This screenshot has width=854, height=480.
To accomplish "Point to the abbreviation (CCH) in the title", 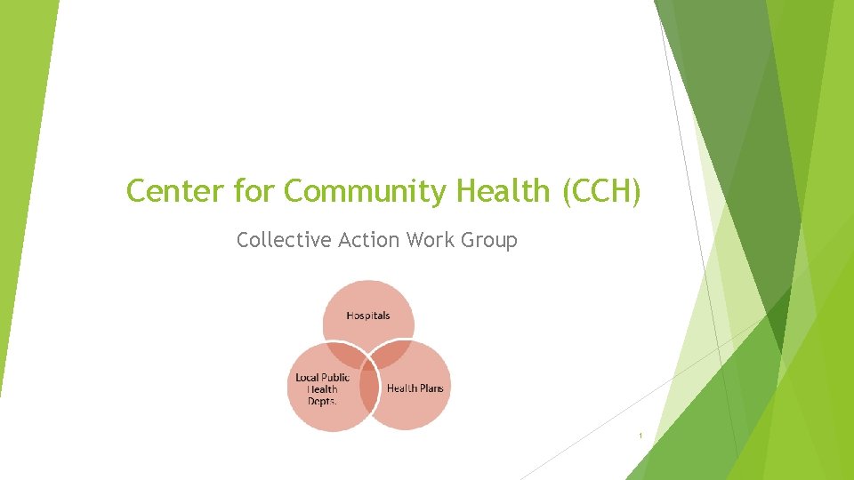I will click(600, 190).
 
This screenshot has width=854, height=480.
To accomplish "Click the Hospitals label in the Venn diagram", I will click(368, 316).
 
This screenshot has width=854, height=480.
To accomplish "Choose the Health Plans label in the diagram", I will click(415, 388).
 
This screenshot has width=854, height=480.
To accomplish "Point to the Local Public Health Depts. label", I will click(322, 389).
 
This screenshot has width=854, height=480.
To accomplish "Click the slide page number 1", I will click(640, 436).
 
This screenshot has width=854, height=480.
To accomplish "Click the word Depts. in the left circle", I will click(322, 401).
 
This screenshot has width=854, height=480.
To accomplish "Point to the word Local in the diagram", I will click(308, 378).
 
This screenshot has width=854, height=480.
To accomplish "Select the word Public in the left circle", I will click(336, 378).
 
